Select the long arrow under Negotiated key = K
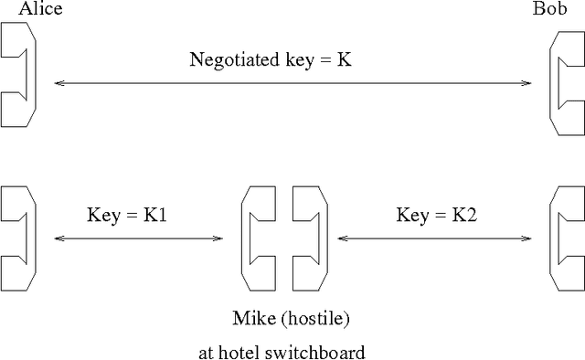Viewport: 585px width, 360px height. tap(292, 83)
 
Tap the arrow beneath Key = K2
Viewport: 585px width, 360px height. tap(433, 239)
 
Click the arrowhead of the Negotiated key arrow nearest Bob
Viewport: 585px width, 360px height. tap(526, 83)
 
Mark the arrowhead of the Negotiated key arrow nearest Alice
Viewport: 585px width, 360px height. tap(58, 83)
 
